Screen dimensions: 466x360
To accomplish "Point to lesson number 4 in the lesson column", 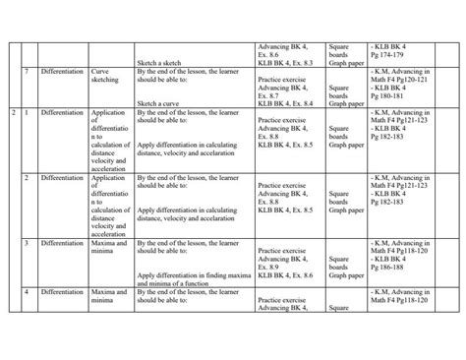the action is pos(27,293).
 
